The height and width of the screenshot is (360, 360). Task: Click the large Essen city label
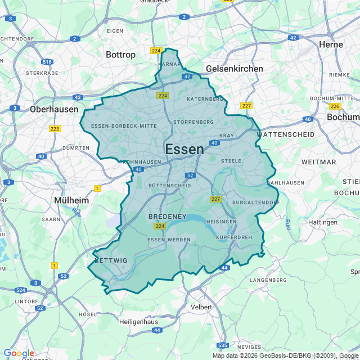pos(184,149)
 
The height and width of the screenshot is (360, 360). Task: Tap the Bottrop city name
pos(120,55)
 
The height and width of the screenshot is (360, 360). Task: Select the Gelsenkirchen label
pos(235,69)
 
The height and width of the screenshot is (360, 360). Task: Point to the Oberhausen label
pos(54,109)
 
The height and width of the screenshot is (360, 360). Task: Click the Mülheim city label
pos(71,200)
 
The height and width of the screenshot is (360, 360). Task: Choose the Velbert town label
pos(201,307)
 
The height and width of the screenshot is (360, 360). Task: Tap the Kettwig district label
pos(111,260)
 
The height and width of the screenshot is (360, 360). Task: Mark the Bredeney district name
pos(167,217)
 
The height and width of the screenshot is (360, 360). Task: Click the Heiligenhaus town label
pos(141,322)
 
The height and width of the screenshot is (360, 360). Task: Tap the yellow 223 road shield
pos(55,129)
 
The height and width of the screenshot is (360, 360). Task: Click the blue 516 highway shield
pos(47,62)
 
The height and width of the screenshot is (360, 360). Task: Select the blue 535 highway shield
pos(223,345)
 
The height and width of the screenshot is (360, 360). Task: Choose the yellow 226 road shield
pos(335,106)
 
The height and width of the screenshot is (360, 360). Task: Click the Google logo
pos(19,353)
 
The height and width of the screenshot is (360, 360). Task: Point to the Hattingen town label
pos(323,222)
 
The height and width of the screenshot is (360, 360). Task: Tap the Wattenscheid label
pos(281,135)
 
